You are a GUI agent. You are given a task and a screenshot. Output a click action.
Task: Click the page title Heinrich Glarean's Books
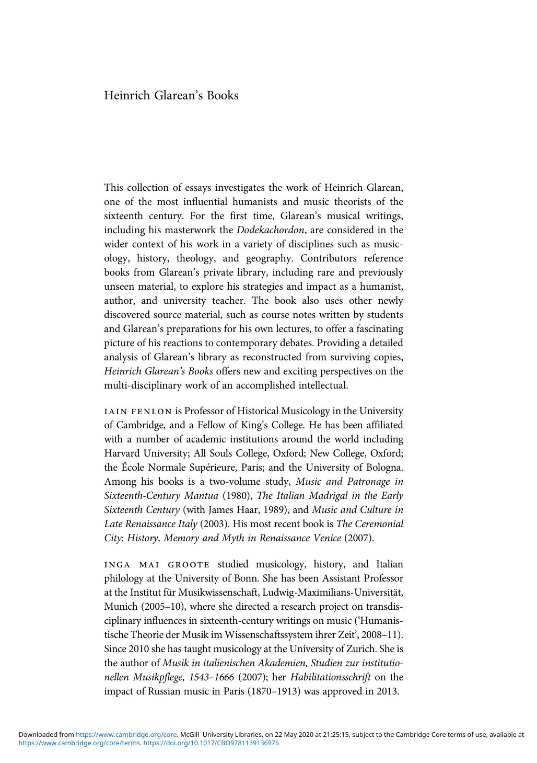[x=171, y=96]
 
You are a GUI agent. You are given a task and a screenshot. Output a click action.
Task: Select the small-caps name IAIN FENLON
[x=138, y=412]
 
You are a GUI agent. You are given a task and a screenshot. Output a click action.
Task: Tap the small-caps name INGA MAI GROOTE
[x=157, y=565]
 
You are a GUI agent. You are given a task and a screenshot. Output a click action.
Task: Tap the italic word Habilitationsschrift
[x=330, y=677]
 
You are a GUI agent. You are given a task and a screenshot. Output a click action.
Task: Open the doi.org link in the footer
[x=211, y=743]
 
